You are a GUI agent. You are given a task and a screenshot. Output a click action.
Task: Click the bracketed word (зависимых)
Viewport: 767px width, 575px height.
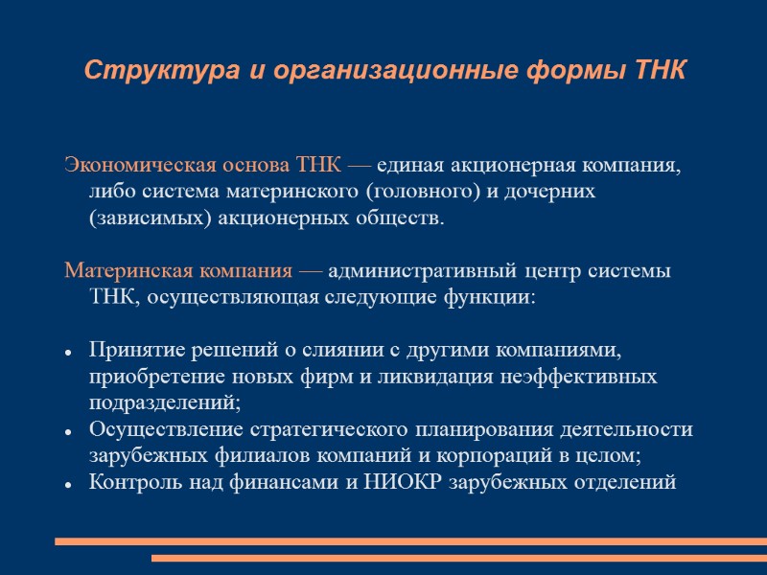(x=138, y=218)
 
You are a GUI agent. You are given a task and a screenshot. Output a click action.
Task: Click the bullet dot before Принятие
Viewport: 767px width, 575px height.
(x=70, y=353)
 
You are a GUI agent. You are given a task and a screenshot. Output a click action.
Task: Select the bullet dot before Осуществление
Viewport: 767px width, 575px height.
(x=70, y=433)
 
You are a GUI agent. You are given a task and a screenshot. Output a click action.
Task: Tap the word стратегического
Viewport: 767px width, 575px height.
(x=333, y=430)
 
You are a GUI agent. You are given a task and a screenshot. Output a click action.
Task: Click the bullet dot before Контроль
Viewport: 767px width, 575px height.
(x=70, y=486)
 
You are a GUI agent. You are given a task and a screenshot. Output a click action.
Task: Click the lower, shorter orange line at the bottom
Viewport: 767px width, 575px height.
(x=458, y=558)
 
